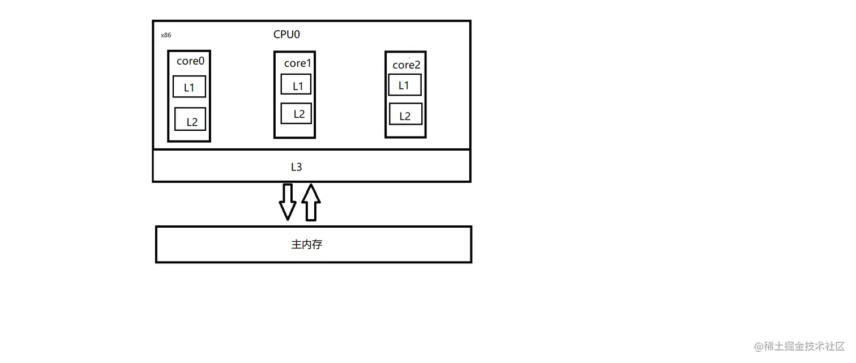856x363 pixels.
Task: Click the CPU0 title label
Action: [x=286, y=35]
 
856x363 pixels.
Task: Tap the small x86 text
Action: [x=166, y=35]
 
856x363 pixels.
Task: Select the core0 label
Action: [x=190, y=61]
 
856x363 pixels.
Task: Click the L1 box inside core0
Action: [x=189, y=87]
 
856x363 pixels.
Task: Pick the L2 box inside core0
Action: [x=190, y=119]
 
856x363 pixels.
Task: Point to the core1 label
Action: [x=298, y=63]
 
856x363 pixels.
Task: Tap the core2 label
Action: [x=406, y=65]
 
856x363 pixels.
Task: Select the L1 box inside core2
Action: [x=405, y=85]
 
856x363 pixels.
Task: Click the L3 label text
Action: [x=297, y=167]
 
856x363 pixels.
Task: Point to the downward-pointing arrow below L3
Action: [x=288, y=202]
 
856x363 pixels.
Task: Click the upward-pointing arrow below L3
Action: [x=311, y=202]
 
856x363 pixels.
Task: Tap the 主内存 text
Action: [x=307, y=245]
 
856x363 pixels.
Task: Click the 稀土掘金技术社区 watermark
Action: [x=804, y=347]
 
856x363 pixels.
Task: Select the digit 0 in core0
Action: [x=200, y=61]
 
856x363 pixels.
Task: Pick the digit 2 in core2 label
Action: [x=417, y=65]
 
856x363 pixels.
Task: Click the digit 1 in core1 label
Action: [x=309, y=63]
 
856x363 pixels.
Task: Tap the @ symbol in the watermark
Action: [x=759, y=347]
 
